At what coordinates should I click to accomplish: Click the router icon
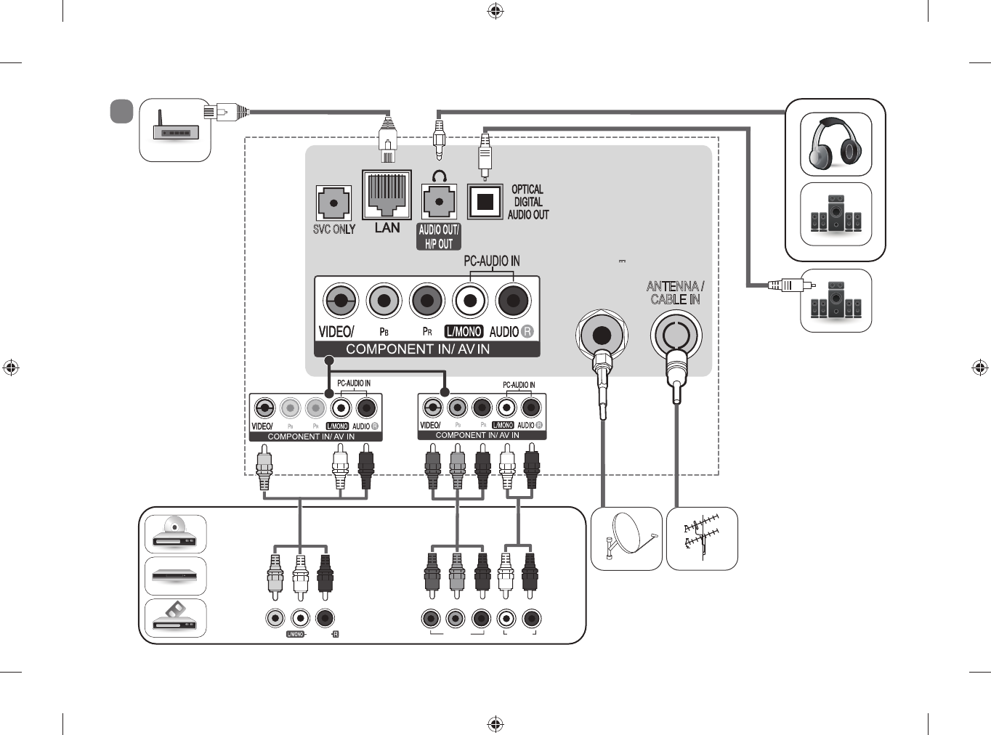[x=175, y=129]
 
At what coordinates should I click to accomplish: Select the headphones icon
[x=836, y=144]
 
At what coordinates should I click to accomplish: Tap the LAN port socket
[x=387, y=195]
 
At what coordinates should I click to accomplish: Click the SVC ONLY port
[x=333, y=203]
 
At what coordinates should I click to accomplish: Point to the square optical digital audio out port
[x=485, y=202]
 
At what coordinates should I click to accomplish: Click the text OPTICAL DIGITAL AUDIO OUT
[x=528, y=202]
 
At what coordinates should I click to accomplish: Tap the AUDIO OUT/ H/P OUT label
[x=439, y=237]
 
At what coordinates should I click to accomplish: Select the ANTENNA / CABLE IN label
[x=675, y=293]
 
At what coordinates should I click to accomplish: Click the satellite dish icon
[x=626, y=538]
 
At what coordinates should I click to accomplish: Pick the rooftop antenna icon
[x=702, y=538]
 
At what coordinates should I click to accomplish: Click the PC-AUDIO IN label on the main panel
[x=492, y=261]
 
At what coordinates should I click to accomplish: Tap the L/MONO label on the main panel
[x=464, y=332]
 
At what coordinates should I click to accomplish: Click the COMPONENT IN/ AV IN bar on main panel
[x=418, y=349]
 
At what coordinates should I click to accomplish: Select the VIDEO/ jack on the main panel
[x=340, y=301]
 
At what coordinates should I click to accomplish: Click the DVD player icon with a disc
[x=175, y=534]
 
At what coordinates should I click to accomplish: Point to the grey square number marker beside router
[x=121, y=111]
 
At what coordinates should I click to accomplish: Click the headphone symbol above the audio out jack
[x=439, y=176]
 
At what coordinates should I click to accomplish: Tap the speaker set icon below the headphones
[x=836, y=214]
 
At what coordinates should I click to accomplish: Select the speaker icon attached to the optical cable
[x=836, y=300]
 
